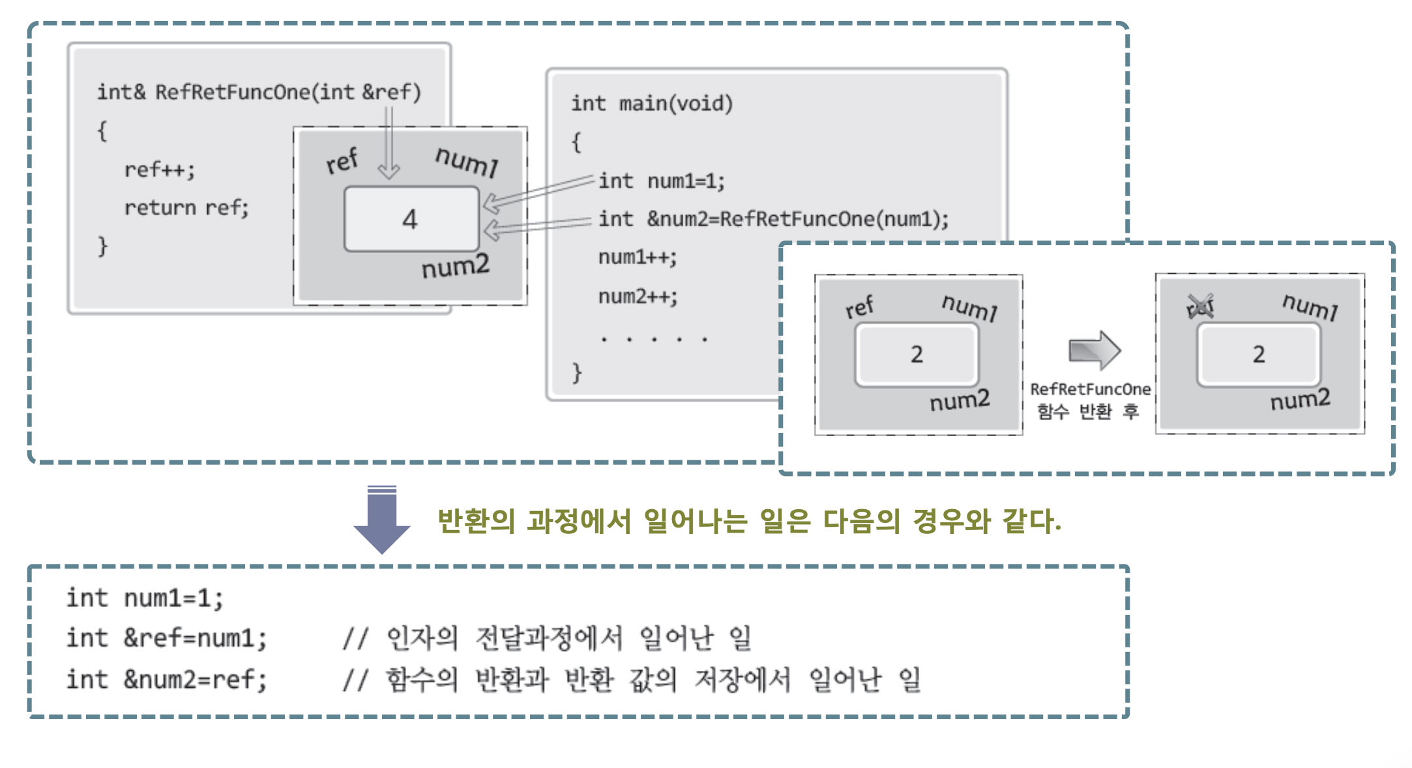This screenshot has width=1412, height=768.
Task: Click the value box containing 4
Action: pos(411,219)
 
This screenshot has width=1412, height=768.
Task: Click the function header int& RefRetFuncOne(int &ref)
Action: pos(259,92)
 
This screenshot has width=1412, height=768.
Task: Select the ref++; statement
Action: pos(160,170)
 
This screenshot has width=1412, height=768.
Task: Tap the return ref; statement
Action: pos(186,207)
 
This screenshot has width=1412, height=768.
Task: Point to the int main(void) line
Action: pos(652,103)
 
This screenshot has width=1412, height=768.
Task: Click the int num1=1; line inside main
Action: pos(661,181)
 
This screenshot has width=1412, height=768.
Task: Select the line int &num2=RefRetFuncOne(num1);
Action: pos(773,218)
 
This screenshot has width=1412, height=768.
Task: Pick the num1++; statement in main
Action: pos(638,257)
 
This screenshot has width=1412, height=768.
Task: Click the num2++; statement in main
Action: pos(638,296)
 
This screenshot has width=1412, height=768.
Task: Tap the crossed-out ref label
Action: pos(1200,306)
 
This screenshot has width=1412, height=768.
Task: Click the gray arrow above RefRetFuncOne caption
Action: pos(1095,350)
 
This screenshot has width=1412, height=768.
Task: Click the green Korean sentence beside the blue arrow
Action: pos(749,521)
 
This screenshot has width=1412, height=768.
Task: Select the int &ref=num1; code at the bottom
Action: pos(167,638)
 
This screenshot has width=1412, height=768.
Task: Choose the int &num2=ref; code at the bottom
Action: pos(167,679)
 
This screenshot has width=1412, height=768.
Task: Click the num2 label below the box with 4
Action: pos(455,267)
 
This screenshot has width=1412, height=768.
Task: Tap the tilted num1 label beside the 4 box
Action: pos(467,161)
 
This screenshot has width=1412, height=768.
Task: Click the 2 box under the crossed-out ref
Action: pos(1258,355)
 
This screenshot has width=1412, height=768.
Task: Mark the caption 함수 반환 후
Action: pos(1087,411)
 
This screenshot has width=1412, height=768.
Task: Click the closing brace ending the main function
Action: pos(576,372)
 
